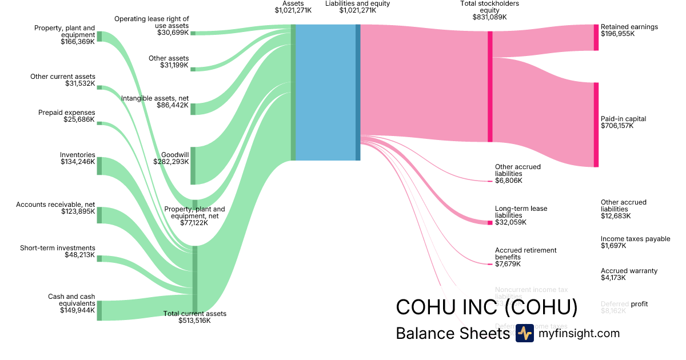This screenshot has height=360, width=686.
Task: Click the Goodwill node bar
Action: [x=193, y=166]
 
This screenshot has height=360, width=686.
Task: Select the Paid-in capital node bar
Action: [x=596, y=125]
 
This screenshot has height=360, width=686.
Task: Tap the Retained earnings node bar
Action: [x=596, y=37]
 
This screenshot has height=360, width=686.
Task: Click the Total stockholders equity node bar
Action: [x=490, y=86]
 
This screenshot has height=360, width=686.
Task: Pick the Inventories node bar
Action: [x=99, y=166]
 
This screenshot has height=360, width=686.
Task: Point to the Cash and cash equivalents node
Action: [x=99, y=310]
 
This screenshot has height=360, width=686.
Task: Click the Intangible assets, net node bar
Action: [x=193, y=109]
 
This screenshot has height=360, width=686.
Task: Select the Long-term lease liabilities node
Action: [x=490, y=222]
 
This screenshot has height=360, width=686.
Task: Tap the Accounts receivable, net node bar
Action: [x=99, y=215]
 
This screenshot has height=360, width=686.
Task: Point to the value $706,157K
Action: [x=617, y=126]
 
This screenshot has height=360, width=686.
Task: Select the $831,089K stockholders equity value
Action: [x=489, y=17]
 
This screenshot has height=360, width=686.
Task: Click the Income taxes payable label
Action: [x=635, y=239]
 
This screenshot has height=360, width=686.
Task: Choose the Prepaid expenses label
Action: [x=66, y=113]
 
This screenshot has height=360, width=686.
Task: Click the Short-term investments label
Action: [x=57, y=248]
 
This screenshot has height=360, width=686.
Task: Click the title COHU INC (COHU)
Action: [x=486, y=307]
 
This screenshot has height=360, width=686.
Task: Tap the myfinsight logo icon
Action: [x=524, y=333]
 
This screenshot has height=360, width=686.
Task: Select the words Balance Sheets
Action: [x=452, y=333]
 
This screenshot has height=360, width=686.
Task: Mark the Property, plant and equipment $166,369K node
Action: [x=99, y=37]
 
